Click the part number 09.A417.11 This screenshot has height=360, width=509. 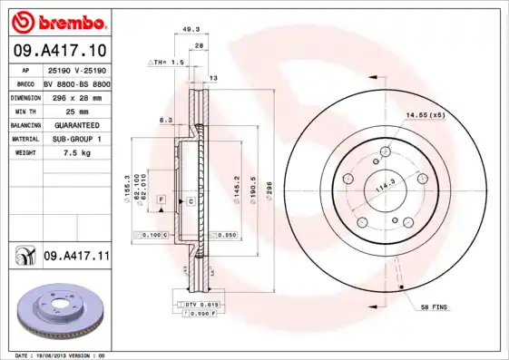76,258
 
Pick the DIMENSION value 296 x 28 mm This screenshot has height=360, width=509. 77,95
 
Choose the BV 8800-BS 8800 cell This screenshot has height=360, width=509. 77,82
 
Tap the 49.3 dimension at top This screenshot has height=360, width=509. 191,29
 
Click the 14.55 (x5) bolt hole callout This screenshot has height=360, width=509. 425,115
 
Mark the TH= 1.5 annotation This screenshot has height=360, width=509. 166,63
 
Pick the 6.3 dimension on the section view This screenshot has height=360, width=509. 165,119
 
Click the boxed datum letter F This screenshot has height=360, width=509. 160,198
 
